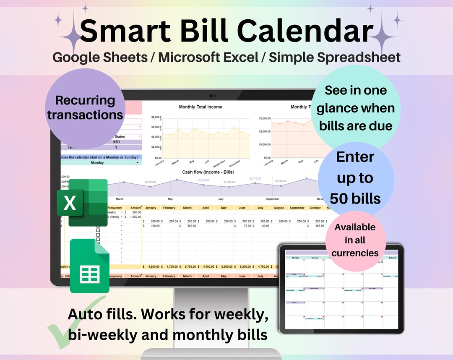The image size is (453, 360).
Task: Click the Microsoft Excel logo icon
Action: point(82,203)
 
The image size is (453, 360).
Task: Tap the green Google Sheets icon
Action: point(89,266)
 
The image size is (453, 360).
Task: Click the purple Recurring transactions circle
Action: point(85,107)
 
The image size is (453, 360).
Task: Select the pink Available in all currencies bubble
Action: point(355,240)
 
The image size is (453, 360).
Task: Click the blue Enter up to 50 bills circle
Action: point(355,178)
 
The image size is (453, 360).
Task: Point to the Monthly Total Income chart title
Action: point(200,107)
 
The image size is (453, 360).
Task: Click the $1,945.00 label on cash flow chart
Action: point(229,182)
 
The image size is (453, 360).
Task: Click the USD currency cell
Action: point(116,142)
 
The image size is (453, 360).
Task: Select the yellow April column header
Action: point(206,208)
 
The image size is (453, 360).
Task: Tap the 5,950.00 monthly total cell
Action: point(224,266)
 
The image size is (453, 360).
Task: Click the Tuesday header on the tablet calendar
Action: point(315,258)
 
